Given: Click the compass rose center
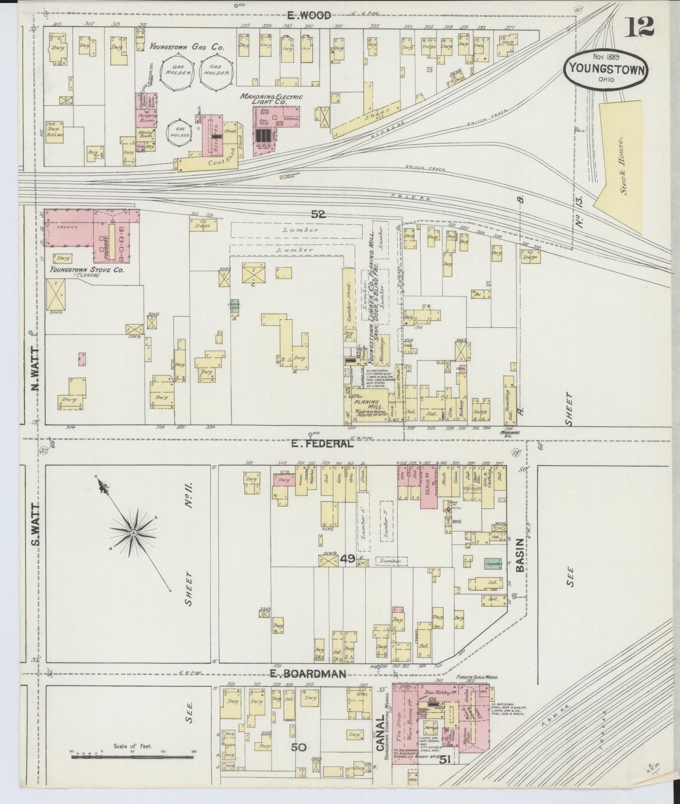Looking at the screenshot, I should coord(133,533).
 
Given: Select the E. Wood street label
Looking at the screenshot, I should coord(310,15).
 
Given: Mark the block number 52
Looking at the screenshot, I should coord(318,214).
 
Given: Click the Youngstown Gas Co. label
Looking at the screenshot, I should coord(187,47).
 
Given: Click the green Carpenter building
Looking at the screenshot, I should coord(494,563).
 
